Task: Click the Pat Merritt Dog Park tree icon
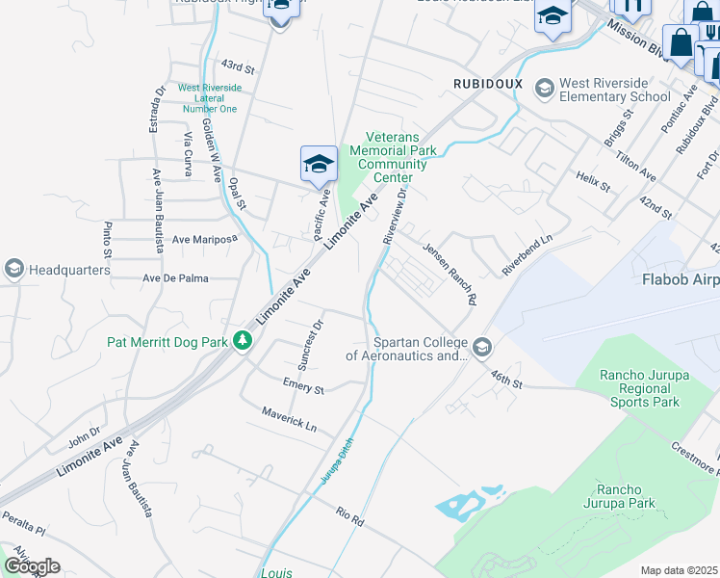pos(244,340)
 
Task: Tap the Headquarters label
pos(69,270)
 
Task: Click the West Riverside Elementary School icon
pos(544,88)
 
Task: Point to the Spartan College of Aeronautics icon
pos(481,346)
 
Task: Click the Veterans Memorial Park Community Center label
pos(393,157)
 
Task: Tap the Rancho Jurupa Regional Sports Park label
pos(639,388)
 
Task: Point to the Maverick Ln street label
pos(289,417)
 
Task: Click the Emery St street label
pos(303,386)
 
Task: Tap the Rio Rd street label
pos(349,515)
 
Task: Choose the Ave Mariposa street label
pos(203,238)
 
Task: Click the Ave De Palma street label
pos(175,278)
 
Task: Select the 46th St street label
pos(505,377)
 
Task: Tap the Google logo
pos(32,566)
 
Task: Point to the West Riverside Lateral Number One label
pos(210,98)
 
